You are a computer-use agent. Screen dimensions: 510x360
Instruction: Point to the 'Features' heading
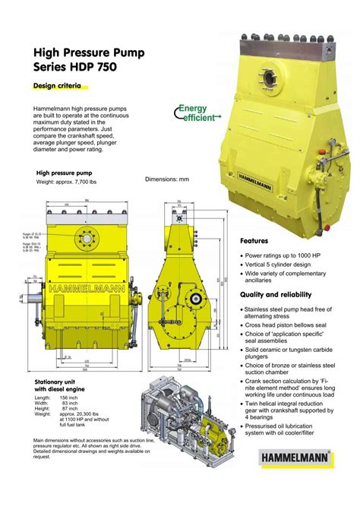pyautogui.click(x=256, y=241)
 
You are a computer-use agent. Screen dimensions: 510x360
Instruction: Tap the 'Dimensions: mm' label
pyautogui.click(x=167, y=179)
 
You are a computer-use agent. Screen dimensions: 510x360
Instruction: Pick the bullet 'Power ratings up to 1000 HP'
pyautogui.click(x=286, y=255)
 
